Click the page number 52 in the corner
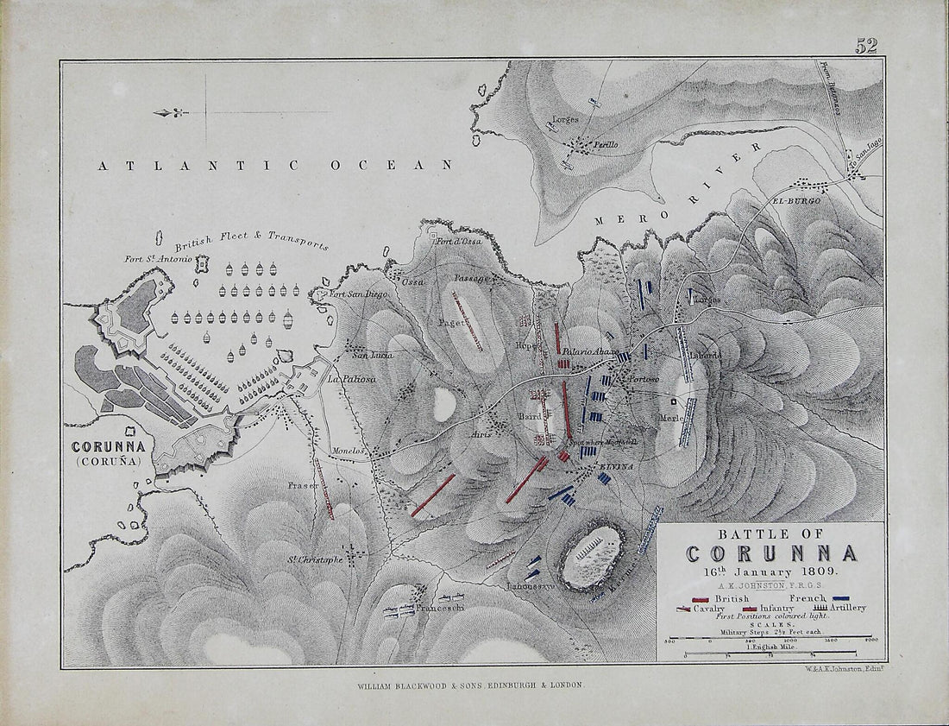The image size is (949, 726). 865,47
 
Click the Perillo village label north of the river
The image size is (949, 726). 604,145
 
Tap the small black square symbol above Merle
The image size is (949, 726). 676,401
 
